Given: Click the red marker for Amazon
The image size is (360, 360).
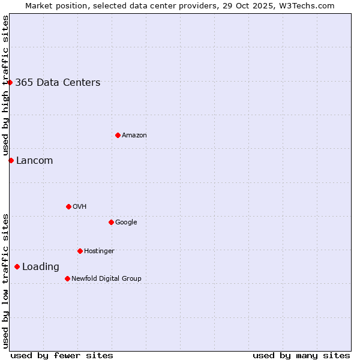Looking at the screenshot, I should pos(118,135).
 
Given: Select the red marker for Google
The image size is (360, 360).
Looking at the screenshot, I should pos(111,222).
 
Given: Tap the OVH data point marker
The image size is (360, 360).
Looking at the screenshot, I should pos(68,206).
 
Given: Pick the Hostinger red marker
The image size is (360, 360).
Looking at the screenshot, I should pos(80,251).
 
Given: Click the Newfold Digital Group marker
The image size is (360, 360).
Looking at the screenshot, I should pos(67,278).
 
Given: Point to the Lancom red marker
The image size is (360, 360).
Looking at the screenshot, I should pos(11,160).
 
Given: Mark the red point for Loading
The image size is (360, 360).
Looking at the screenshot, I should pos(17,266).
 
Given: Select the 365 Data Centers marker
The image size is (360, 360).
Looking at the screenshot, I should pos(10,82).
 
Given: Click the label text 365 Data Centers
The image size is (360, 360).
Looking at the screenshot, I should pos(58,83).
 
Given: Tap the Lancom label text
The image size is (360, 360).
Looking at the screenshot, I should pos(34,161).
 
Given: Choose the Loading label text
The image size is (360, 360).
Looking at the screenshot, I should pos(41,267).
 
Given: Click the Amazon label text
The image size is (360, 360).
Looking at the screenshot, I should pos(134,136).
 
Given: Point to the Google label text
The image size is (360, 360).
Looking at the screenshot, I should pos(126,223).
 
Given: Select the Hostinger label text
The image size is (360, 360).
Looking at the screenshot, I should pos(99,251).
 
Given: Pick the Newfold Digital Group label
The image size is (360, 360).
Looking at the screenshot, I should pos(106,279).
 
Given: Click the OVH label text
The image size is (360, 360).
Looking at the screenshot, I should pos(80,207).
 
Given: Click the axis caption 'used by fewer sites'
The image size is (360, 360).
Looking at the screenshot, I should pos(62,355).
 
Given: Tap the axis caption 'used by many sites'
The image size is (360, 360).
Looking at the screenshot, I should pos(301,355).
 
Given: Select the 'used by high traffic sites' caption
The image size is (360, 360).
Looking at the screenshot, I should pos(5,85).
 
